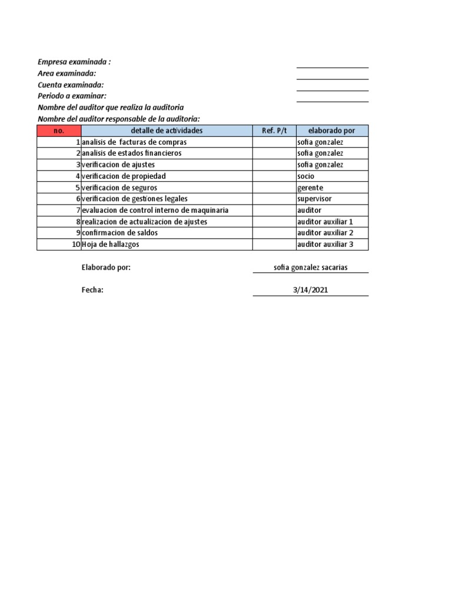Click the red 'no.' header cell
(x=59, y=131)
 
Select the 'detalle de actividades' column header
(x=167, y=131)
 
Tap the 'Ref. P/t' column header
(x=274, y=131)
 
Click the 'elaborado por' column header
(x=332, y=131)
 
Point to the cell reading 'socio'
(x=306, y=176)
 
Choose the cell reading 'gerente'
(x=310, y=188)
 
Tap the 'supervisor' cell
(x=314, y=199)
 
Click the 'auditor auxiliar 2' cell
(x=325, y=233)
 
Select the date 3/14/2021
(x=311, y=290)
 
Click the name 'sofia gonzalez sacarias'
(x=311, y=267)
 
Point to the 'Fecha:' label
(x=92, y=290)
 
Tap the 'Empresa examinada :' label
(x=74, y=62)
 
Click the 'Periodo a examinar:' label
(x=72, y=96)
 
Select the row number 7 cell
(x=77, y=210)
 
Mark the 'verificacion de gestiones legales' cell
(x=135, y=199)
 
